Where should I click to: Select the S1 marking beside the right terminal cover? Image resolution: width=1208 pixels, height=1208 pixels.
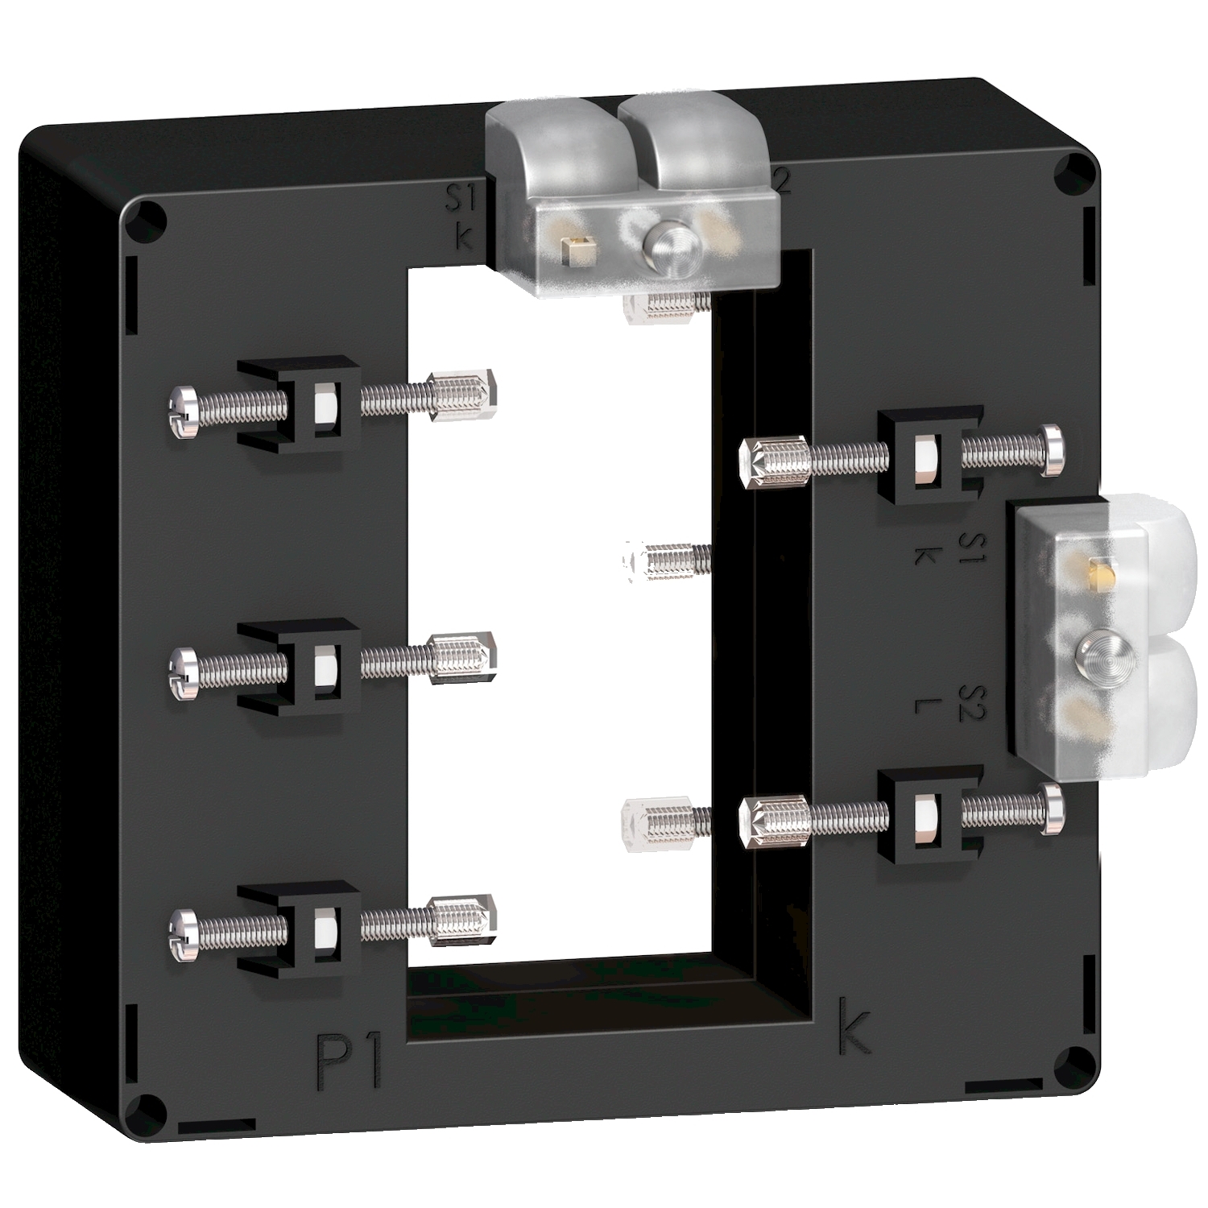coord(971,548)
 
